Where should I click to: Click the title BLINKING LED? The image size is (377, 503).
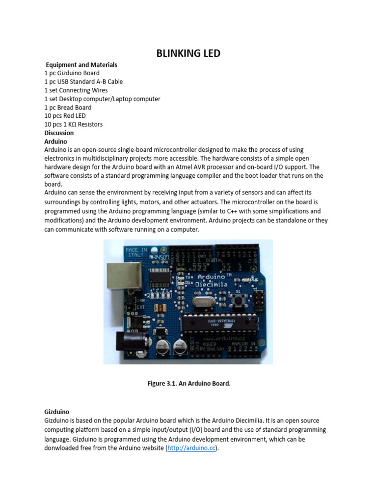coord(188,53)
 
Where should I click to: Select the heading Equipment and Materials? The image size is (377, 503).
coord(81,64)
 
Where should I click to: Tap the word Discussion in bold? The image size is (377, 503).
coord(59,133)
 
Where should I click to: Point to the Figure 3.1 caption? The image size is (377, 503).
coord(189,383)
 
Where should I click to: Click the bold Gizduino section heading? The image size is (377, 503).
coord(57,412)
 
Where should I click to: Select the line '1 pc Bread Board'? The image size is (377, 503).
coord(68,107)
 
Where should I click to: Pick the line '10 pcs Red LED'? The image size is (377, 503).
coord(65,115)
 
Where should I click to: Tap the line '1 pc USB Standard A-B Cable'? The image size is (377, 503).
coord(83,82)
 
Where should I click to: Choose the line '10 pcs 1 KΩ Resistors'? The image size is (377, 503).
coord(74,124)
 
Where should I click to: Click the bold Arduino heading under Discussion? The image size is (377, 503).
coord(55,141)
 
